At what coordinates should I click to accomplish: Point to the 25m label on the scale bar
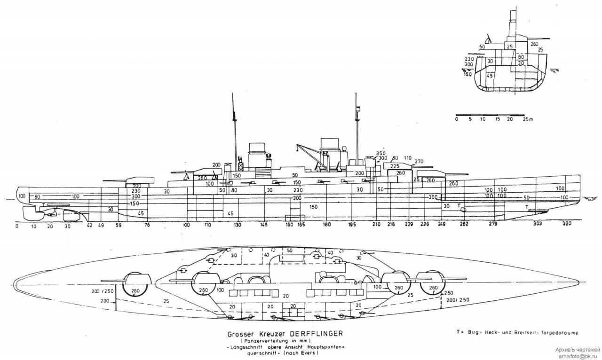pyautogui.click(x=528, y=119)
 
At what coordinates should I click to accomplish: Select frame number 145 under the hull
pyautogui.click(x=264, y=225)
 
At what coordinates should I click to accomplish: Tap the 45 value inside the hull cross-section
pyautogui.click(x=490, y=75)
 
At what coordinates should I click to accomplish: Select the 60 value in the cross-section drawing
pyautogui.click(x=521, y=57)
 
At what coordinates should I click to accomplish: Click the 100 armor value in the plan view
pyautogui.click(x=377, y=287)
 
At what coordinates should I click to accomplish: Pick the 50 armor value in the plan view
pyautogui.click(x=289, y=250)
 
